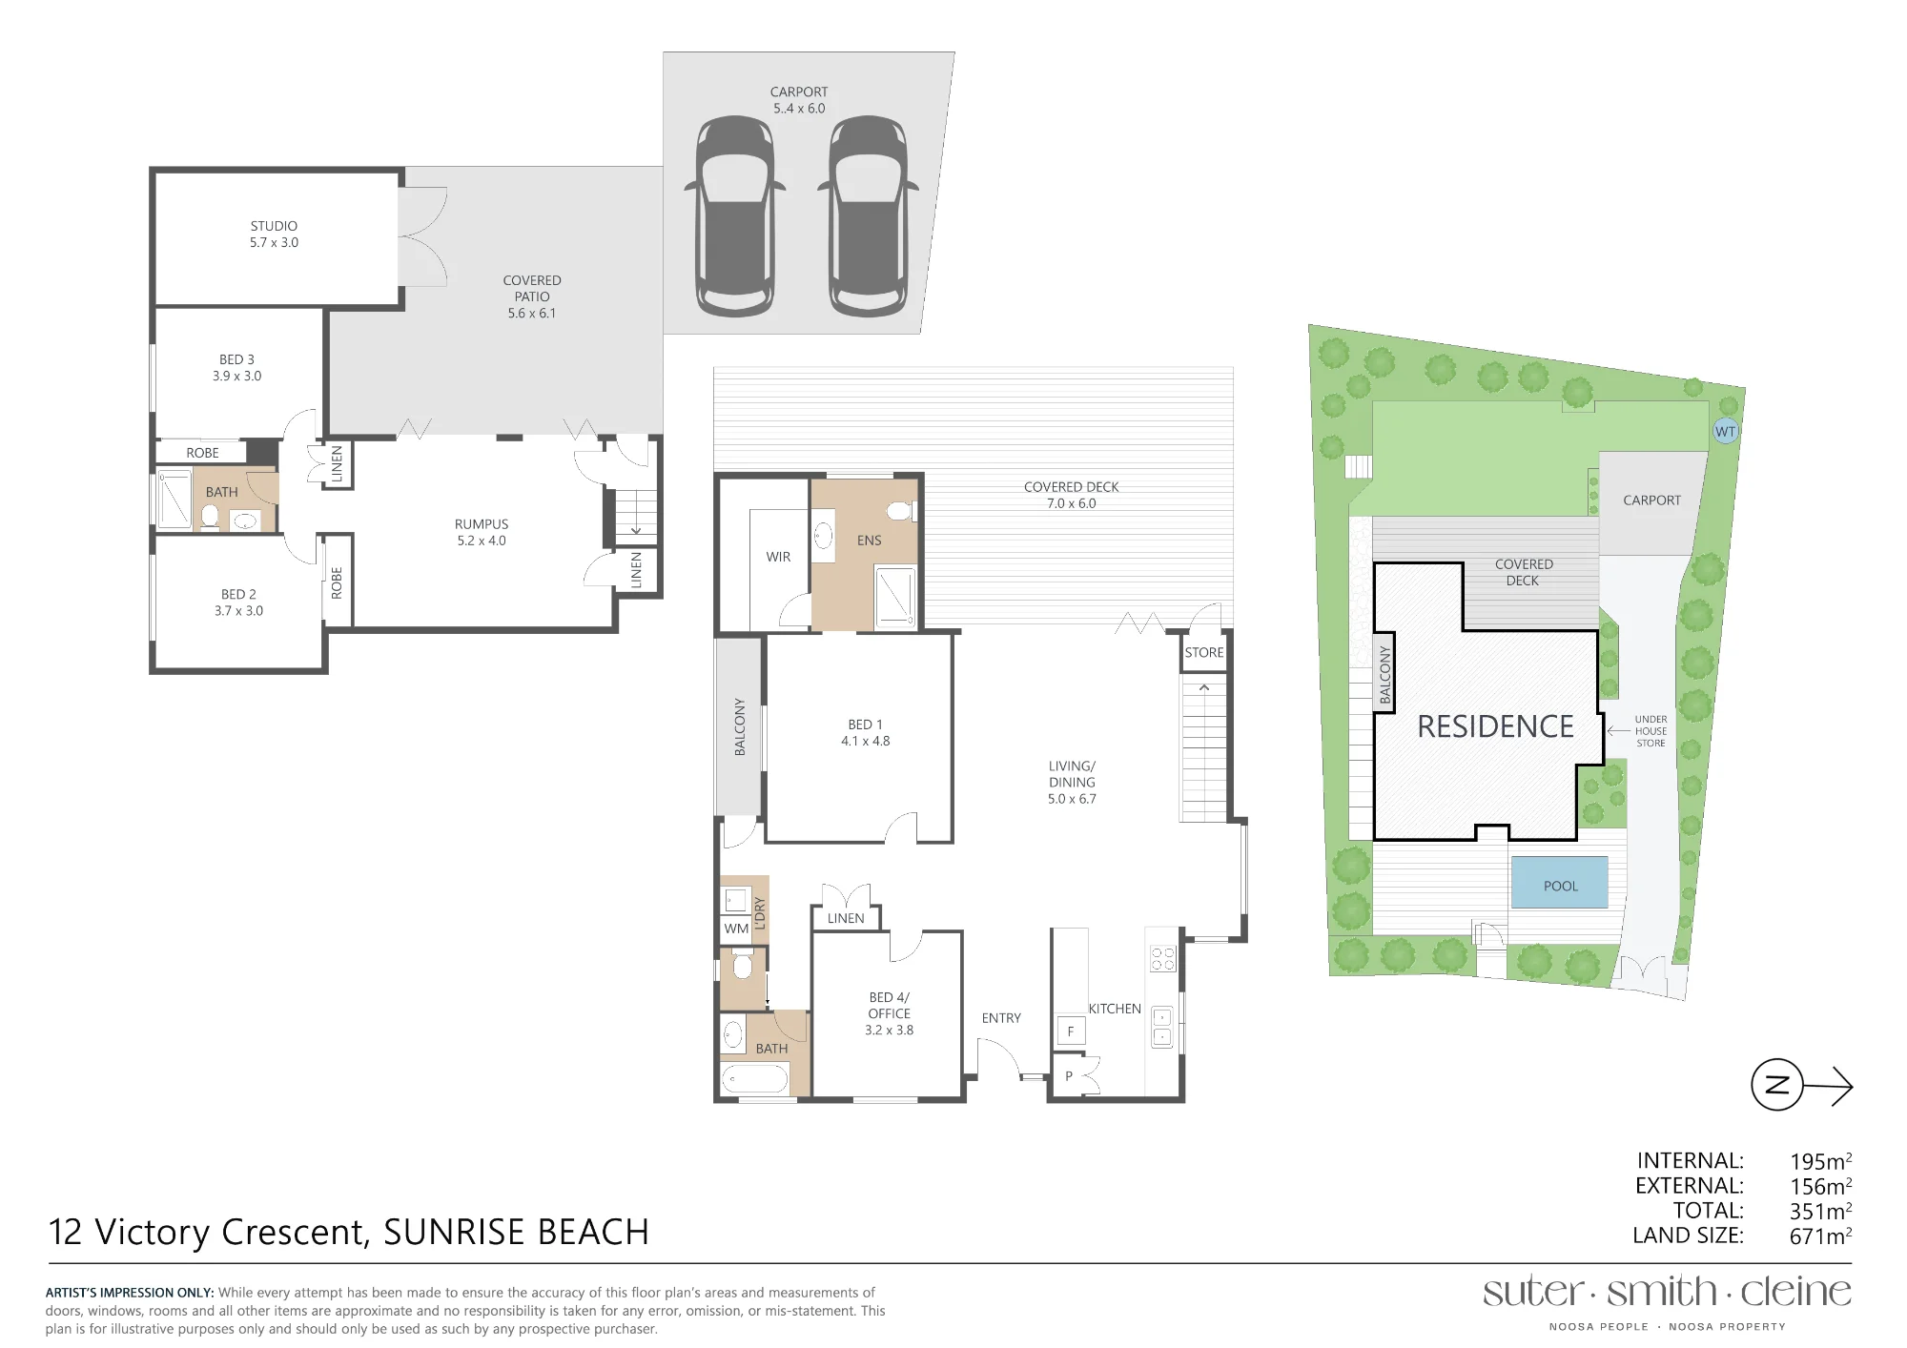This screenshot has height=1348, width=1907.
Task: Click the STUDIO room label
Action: coord(274,226)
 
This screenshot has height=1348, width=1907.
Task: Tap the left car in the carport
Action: coord(735,216)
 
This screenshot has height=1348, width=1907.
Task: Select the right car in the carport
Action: coord(868,216)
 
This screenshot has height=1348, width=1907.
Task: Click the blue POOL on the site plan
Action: coord(1560,883)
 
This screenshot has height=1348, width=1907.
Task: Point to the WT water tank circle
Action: coord(1726,431)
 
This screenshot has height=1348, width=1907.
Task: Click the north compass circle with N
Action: coord(1777,1085)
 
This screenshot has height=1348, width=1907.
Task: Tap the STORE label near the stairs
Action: coord(1204,653)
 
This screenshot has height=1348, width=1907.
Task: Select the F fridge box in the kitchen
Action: coord(1071,1031)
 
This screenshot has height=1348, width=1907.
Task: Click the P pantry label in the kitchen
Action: coord(1069,1076)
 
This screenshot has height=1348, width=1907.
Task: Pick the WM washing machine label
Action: coord(736,929)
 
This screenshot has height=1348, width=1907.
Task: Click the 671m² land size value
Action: coord(1820,1236)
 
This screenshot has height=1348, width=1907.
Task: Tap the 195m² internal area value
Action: coord(1820,1161)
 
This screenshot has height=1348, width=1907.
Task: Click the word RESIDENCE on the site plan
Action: coord(1495,726)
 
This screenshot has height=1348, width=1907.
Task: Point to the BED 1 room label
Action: coord(866,725)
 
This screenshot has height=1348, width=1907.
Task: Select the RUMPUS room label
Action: coord(482,524)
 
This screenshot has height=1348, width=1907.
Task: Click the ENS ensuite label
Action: coord(870,541)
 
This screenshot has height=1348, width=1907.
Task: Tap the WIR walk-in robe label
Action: coord(778,557)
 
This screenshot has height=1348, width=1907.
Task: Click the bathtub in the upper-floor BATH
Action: coord(755,1079)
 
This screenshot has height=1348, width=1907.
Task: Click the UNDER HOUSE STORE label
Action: coord(1651,731)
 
